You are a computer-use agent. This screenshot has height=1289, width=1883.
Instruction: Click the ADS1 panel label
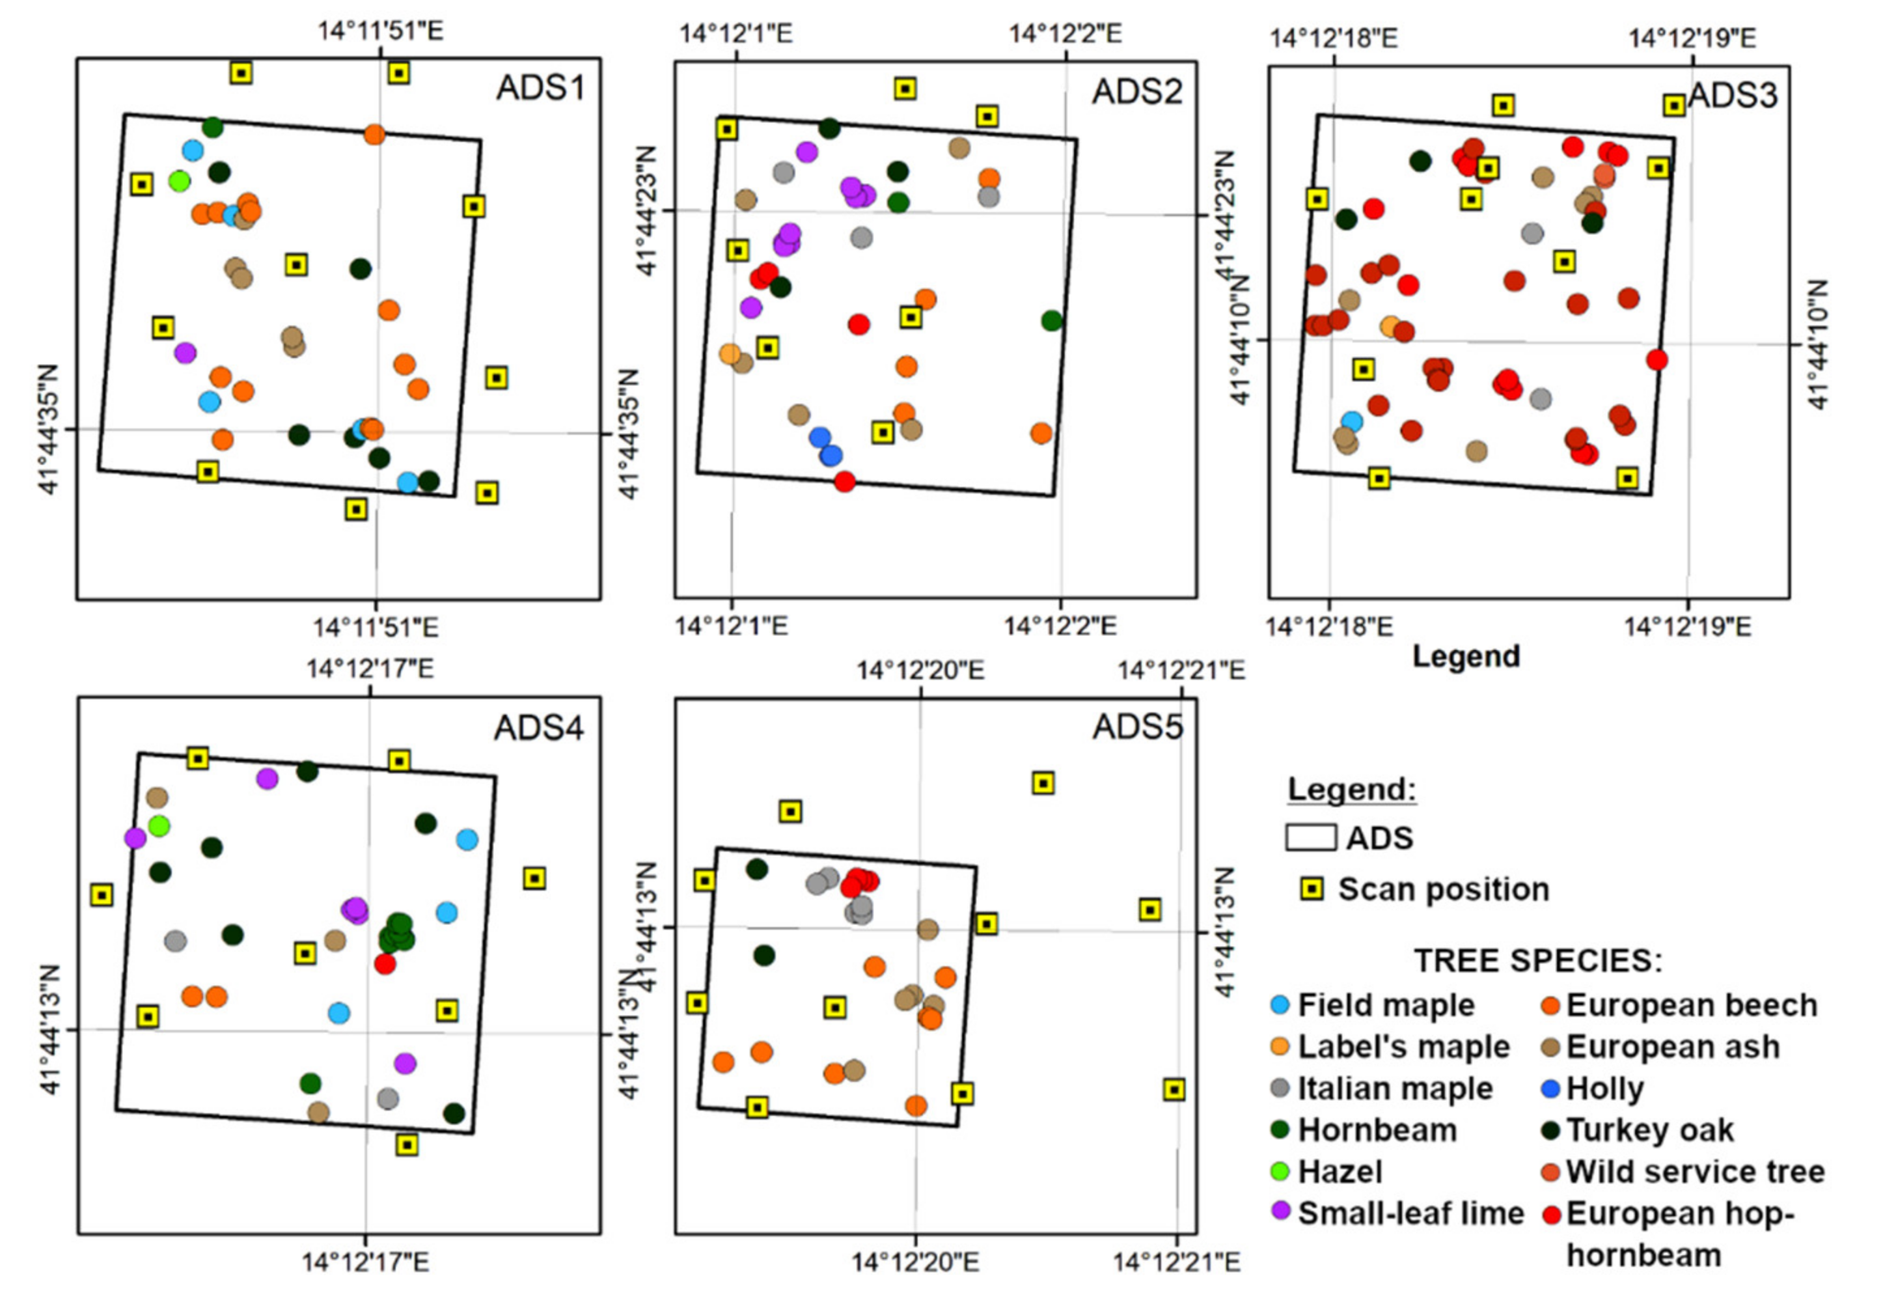[x=540, y=87]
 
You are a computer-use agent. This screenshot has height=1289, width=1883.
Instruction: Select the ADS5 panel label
[x=1138, y=727]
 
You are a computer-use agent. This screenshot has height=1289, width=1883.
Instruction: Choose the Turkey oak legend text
[x=1649, y=1130]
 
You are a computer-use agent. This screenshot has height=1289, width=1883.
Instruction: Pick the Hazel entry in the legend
[x=1340, y=1172]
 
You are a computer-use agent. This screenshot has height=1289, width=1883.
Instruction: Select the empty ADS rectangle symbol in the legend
[x=1310, y=838]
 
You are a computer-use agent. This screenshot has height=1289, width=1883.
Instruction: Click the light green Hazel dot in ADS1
[x=180, y=181]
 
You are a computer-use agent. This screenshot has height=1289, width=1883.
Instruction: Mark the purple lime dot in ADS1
[x=186, y=352]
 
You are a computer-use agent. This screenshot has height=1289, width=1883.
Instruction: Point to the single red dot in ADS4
[x=385, y=964]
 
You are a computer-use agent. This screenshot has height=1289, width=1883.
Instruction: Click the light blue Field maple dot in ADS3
[x=1351, y=421]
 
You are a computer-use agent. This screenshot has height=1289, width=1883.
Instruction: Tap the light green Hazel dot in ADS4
[x=159, y=826]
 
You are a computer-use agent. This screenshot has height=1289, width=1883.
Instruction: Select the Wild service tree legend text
[x=1695, y=1172]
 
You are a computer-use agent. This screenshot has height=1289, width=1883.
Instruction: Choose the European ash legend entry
[x=1672, y=1047]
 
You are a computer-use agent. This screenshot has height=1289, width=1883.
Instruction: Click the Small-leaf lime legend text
[x=1410, y=1213]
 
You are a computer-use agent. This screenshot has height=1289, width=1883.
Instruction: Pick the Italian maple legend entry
[x=1394, y=1088]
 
